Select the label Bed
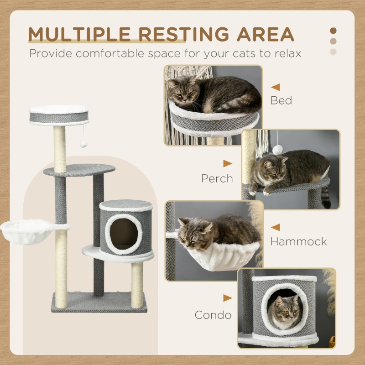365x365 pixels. [281, 100]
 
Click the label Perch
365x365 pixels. [217, 178]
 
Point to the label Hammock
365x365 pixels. [298, 241]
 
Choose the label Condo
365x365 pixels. [213, 315]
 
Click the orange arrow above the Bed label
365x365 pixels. [275, 87]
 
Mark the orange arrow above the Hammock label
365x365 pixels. [275, 227]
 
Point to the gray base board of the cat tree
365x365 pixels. [99, 302]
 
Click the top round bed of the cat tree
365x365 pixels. [59, 115]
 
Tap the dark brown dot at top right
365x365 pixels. [333, 31]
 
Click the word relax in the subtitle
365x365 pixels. [286, 53]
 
